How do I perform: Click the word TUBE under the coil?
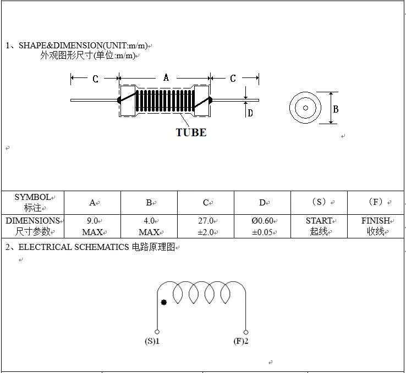coord(191,132)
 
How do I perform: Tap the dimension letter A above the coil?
coord(166,78)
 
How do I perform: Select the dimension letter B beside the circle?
coord(336,109)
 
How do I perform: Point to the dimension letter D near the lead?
coord(250,113)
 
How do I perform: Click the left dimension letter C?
coord(95,79)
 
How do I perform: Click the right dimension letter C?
coord(233,79)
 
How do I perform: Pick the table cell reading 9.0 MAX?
coord(92,226)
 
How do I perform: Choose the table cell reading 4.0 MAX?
coord(149,226)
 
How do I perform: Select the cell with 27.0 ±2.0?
coord(206,226)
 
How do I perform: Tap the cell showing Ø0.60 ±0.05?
coord(262,226)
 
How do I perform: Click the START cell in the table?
coord(319,226)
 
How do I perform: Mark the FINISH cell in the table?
coord(376,226)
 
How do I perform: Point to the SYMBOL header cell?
coord(32,202)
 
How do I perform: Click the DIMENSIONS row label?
coord(32,226)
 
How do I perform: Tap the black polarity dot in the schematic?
coord(163,302)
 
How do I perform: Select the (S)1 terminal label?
coord(152,342)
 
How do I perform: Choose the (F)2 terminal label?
coord(241,342)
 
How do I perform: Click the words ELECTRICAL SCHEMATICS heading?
coord(75,247)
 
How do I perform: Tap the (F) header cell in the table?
coord(376,202)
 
